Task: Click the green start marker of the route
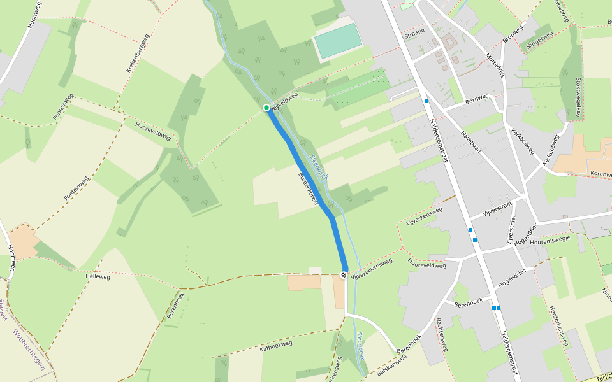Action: pyautogui.click(x=266, y=108)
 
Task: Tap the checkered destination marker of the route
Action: pyautogui.click(x=344, y=275)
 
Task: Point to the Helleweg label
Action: pyautogui.click(x=98, y=277)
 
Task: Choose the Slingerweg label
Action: pyautogui.click(x=536, y=42)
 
